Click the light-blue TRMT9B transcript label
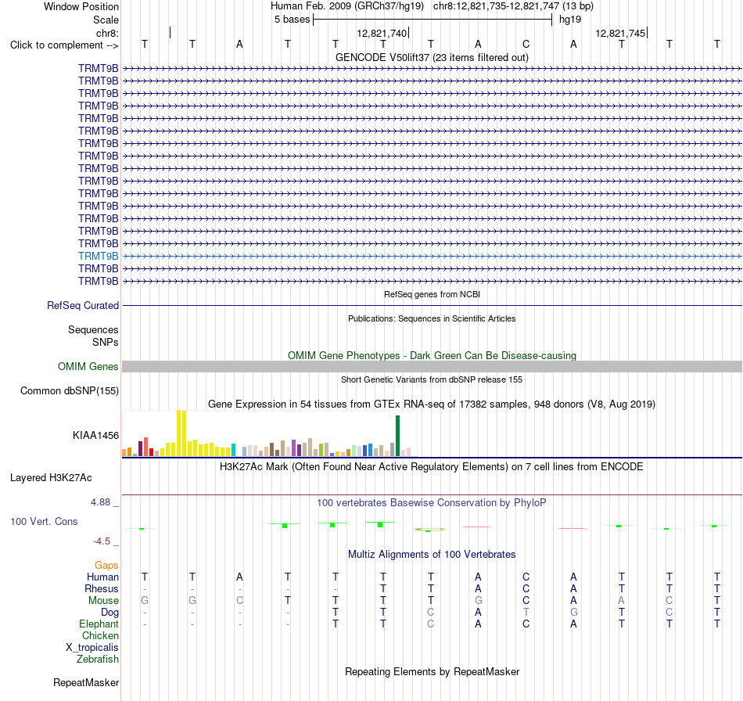(98, 256)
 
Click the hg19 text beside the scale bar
(570, 20)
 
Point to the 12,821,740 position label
(382, 33)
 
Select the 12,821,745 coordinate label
(620, 33)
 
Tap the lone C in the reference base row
(526, 44)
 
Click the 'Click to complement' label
(64, 45)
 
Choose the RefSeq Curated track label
(83, 305)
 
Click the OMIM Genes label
(88, 366)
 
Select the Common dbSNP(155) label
(70, 390)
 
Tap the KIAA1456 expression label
(95, 435)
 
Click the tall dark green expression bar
(397, 436)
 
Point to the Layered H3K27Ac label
(51, 478)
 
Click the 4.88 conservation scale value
(100, 502)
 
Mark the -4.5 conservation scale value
(102, 541)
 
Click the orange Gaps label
(106, 565)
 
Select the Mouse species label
(103, 600)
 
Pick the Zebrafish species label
(98, 659)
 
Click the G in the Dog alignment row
(573, 612)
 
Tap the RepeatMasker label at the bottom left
(86, 682)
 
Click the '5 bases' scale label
(292, 20)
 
